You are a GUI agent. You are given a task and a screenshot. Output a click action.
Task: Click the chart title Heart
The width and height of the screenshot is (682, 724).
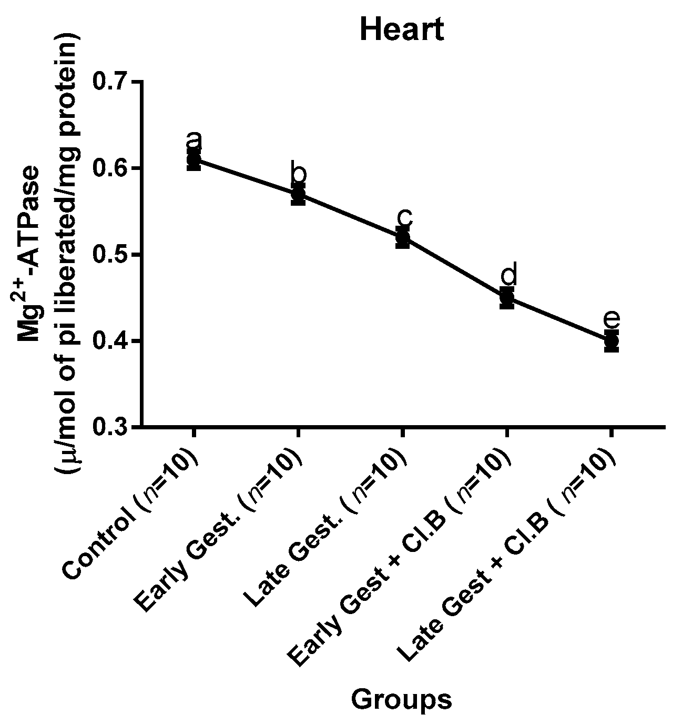tap(402, 30)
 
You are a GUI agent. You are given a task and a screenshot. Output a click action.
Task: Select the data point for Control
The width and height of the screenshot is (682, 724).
tap(194, 159)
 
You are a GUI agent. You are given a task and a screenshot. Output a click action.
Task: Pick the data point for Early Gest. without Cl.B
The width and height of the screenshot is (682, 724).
tap(298, 194)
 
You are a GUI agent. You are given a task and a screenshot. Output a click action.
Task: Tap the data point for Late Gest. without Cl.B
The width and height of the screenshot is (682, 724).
tap(402, 237)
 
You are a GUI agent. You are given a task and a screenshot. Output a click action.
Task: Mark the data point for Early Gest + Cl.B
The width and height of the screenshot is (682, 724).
tap(506, 298)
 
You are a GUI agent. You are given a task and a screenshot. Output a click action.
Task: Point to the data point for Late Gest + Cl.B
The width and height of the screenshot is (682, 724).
tap(611, 341)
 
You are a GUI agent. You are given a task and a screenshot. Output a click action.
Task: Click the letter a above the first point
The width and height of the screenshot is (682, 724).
tap(194, 140)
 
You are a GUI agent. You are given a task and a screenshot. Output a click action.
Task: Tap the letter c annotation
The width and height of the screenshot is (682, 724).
tap(403, 216)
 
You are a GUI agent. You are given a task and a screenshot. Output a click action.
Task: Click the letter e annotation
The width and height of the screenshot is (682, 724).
tap(612, 318)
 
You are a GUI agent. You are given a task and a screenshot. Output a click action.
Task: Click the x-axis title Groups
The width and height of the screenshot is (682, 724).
tap(401, 700)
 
